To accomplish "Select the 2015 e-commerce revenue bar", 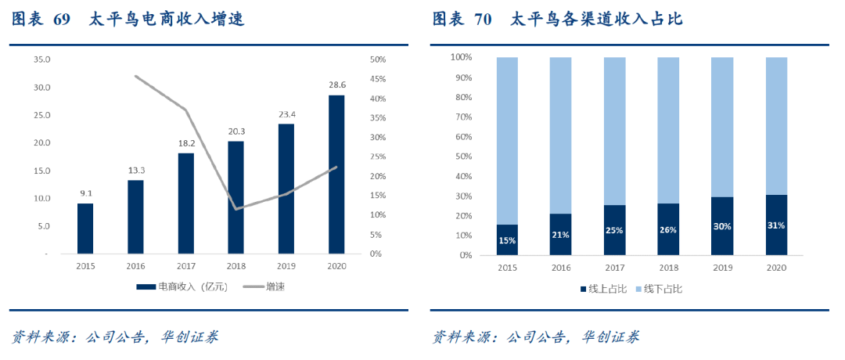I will pyautogui.click(x=85, y=229).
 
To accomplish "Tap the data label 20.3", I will pyautogui.click(x=236, y=131).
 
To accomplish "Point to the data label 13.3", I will pyautogui.click(x=135, y=171).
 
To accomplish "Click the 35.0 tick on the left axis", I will pyautogui.click(x=41, y=59).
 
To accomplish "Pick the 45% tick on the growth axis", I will pyautogui.click(x=377, y=79).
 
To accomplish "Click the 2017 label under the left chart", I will pyautogui.click(x=185, y=267).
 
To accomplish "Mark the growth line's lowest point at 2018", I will pyautogui.click(x=236, y=209).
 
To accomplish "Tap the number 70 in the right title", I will pyautogui.click(x=483, y=20).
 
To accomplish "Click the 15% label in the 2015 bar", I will pyautogui.click(x=507, y=240).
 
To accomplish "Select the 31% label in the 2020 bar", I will pyautogui.click(x=776, y=225).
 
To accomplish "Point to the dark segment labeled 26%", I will pyautogui.click(x=668, y=229).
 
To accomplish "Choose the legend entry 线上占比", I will pyautogui.click(x=607, y=289).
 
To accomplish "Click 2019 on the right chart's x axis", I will pyautogui.click(x=722, y=268).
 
